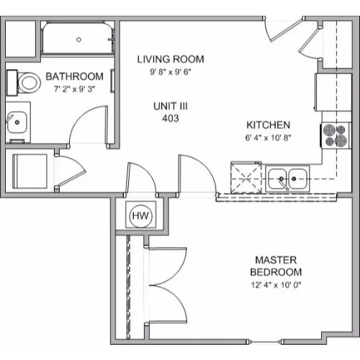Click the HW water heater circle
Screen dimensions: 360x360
(140, 215)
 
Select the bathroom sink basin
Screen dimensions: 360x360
(17, 122)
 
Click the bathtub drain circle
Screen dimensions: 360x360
(78, 40)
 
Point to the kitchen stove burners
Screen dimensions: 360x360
(336, 135)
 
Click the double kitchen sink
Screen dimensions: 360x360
(287, 179)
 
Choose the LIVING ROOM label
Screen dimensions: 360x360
(171, 59)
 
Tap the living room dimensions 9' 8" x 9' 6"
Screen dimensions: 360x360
(171, 72)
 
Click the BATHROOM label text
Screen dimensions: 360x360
(75, 76)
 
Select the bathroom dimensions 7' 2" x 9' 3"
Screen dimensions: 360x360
(75, 89)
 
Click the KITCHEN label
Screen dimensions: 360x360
(269, 125)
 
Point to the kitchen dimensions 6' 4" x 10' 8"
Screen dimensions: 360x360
(268, 138)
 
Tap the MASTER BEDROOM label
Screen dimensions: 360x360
(276, 266)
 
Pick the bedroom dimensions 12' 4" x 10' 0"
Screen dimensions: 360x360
(276, 285)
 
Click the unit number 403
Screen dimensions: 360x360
(171, 118)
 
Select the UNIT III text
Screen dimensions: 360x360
(171, 106)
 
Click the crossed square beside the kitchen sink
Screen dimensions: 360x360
(246, 178)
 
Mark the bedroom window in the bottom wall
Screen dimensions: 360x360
(264, 341)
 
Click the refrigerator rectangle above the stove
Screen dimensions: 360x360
(333, 92)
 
